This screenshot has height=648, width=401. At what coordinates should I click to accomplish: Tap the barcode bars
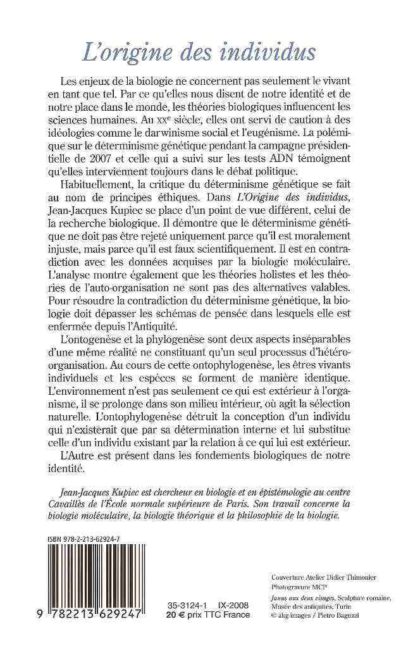click(95, 578)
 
